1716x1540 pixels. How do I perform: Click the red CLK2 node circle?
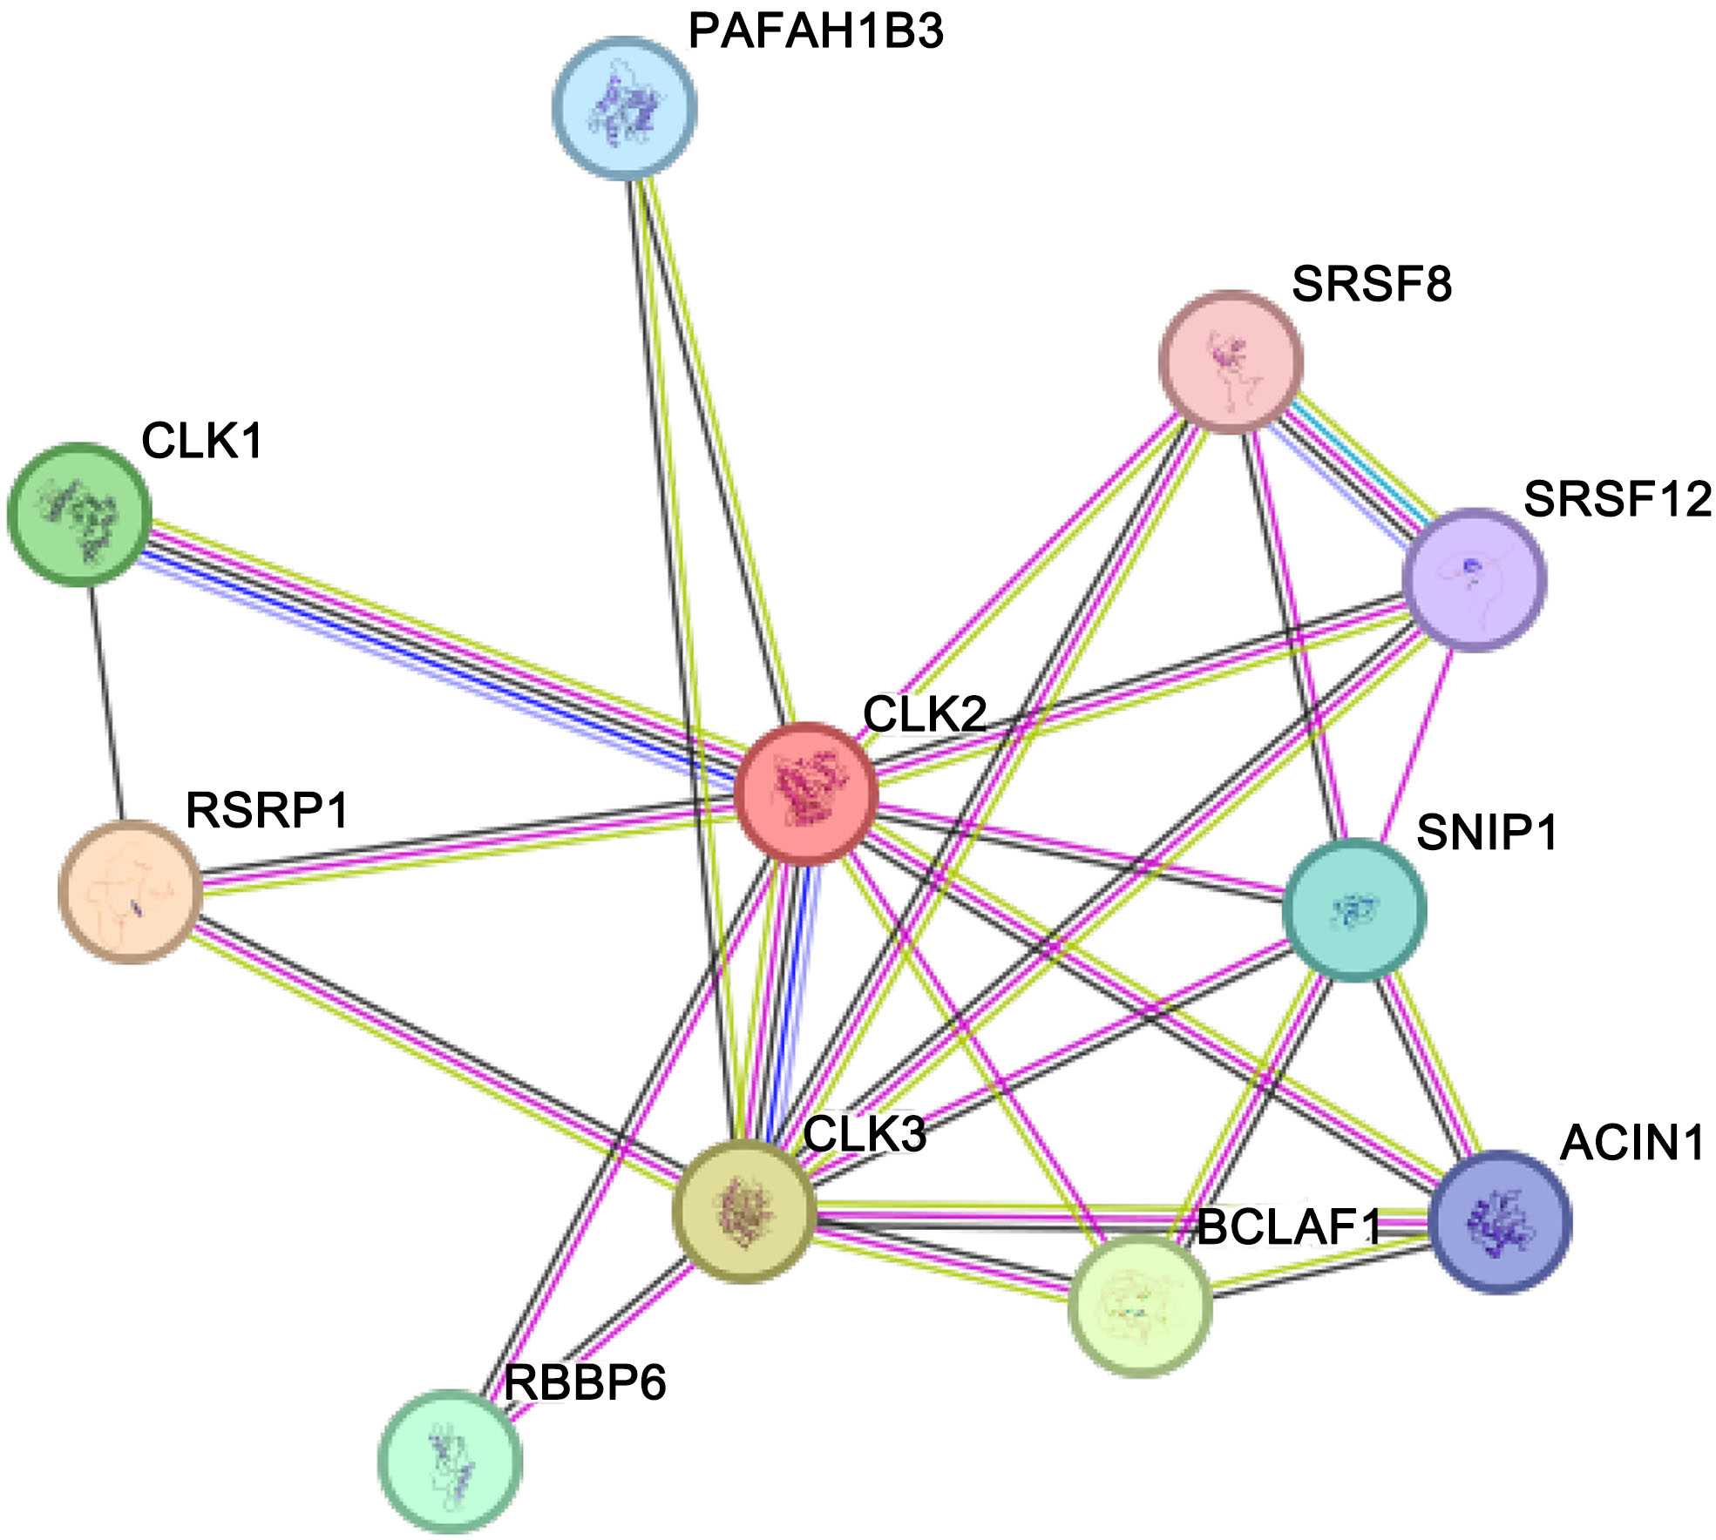pos(805,793)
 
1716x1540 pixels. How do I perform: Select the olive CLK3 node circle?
pos(744,1212)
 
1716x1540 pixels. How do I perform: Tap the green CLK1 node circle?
pos(79,514)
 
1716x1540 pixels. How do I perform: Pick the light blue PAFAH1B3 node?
pos(625,107)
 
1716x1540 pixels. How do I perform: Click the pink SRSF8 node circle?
pos(1231,361)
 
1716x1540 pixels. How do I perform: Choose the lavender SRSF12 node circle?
pos(1474,579)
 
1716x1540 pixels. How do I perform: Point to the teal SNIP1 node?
pos(1354,910)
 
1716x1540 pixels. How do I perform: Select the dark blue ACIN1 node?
pos(1501,1220)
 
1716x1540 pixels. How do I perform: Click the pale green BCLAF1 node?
pos(1140,1305)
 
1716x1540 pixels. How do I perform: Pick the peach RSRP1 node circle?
pos(131,891)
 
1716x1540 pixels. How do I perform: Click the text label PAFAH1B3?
pos(816,32)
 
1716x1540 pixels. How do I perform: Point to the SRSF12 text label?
pos(1618,500)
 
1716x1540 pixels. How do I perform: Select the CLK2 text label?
pos(925,714)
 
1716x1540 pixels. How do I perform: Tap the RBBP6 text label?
pos(586,1382)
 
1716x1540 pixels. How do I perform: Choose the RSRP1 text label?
pos(267,810)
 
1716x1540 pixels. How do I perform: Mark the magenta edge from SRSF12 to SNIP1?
pos(1419,745)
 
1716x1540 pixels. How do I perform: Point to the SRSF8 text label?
pos(1372,284)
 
